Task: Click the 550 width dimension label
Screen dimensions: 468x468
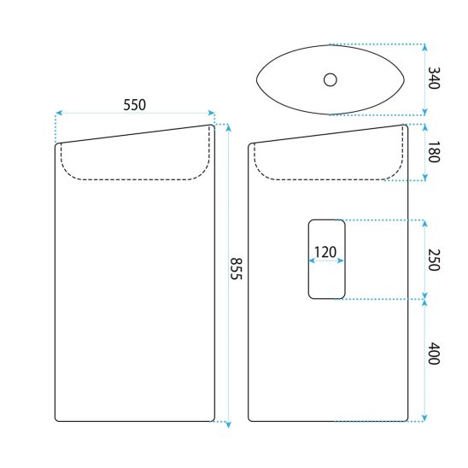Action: click(135, 105)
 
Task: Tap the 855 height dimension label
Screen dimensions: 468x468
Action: click(236, 269)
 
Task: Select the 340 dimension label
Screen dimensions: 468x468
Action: click(434, 78)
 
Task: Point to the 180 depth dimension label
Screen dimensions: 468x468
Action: click(434, 152)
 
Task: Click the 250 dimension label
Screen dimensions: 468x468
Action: click(434, 260)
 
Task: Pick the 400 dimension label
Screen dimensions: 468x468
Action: click(434, 354)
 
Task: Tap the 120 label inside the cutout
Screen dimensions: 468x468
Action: click(325, 252)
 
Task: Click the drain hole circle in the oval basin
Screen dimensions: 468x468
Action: click(331, 79)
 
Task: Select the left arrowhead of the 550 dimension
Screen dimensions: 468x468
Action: click(59, 113)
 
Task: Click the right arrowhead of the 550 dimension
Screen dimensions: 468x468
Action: click(212, 113)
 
